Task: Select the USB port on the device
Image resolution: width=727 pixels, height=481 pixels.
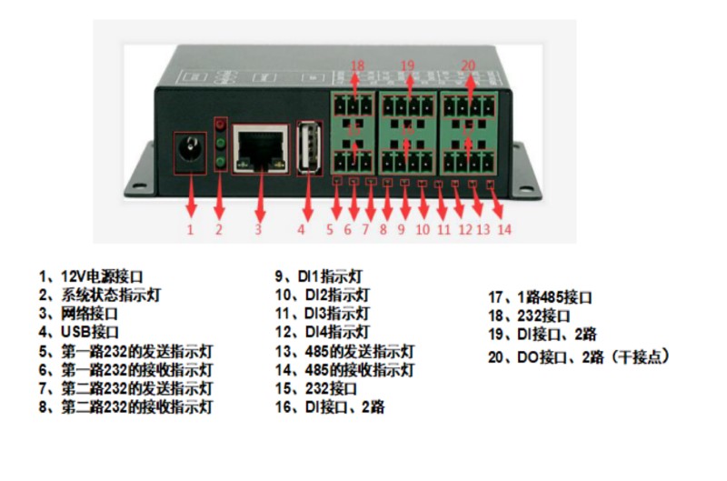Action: (x=308, y=147)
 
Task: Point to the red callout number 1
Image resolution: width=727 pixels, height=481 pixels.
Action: (x=190, y=229)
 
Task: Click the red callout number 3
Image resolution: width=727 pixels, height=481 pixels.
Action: (x=257, y=229)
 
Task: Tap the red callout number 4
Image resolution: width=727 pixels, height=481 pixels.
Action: (x=301, y=229)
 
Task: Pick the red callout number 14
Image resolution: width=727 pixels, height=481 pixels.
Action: (x=503, y=229)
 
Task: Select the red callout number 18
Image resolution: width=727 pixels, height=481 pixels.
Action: (x=357, y=65)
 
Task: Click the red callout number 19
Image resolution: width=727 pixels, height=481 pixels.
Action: (x=407, y=65)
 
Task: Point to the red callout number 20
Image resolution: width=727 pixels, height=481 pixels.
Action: (x=468, y=65)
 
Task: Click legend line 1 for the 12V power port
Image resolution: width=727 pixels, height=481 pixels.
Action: (x=91, y=275)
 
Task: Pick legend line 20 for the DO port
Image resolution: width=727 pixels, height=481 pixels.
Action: (x=578, y=356)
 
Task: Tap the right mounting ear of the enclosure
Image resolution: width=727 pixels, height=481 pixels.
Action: (x=525, y=173)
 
